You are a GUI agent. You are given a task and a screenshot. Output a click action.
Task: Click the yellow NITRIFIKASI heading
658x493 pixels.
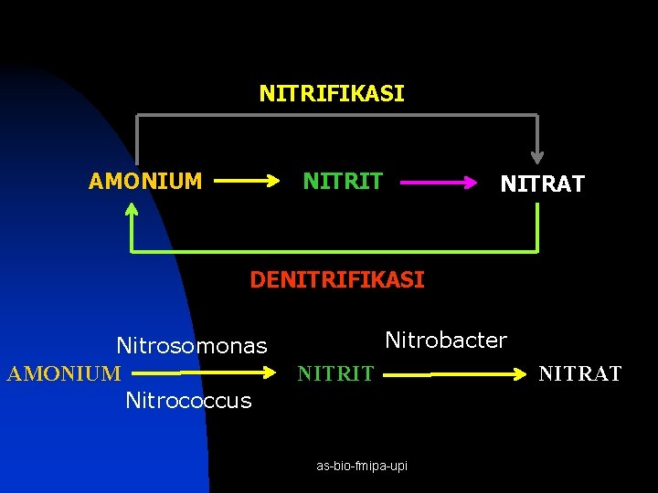coord(332,93)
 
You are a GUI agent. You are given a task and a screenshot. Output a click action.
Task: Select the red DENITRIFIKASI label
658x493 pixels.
coord(337,279)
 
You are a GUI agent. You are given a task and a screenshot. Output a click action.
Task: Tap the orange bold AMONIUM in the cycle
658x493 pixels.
coord(145,181)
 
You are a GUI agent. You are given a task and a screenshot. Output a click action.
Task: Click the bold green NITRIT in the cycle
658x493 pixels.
coord(343,181)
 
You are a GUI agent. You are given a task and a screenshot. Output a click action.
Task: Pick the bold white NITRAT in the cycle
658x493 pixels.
coord(542,184)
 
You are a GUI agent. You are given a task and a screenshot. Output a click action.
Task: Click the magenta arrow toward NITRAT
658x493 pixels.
coord(439,183)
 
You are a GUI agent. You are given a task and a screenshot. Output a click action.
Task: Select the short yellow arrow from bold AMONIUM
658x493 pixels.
coord(247,181)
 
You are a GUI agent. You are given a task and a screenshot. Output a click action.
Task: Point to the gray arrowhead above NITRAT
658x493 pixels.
coord(537,158)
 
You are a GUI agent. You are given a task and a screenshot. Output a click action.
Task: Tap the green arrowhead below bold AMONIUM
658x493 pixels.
coord(132,209)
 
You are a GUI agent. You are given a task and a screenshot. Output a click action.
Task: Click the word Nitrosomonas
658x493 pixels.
coord(192,346)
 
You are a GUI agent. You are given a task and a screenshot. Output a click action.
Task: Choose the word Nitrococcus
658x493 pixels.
coord(188,401)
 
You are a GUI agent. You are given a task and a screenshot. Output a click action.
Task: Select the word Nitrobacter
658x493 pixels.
coord(446,340)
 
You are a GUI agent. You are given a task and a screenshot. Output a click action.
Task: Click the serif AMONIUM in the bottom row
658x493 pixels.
coord(64,373)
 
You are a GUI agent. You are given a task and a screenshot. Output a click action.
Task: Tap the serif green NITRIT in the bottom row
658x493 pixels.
coord(335,373)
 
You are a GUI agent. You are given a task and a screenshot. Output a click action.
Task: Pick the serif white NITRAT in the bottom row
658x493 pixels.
coord(580,373)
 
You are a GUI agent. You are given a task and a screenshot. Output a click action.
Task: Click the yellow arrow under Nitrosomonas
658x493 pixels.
coord(204,372)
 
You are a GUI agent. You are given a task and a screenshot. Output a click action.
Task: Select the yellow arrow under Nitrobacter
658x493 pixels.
coord(455,374)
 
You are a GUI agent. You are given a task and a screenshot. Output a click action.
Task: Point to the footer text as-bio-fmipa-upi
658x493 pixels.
coord(362,466)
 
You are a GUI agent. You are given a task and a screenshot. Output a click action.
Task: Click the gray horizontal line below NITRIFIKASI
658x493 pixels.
coord(337,115)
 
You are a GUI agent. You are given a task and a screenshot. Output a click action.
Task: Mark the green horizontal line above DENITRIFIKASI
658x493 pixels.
coord(334,252)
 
